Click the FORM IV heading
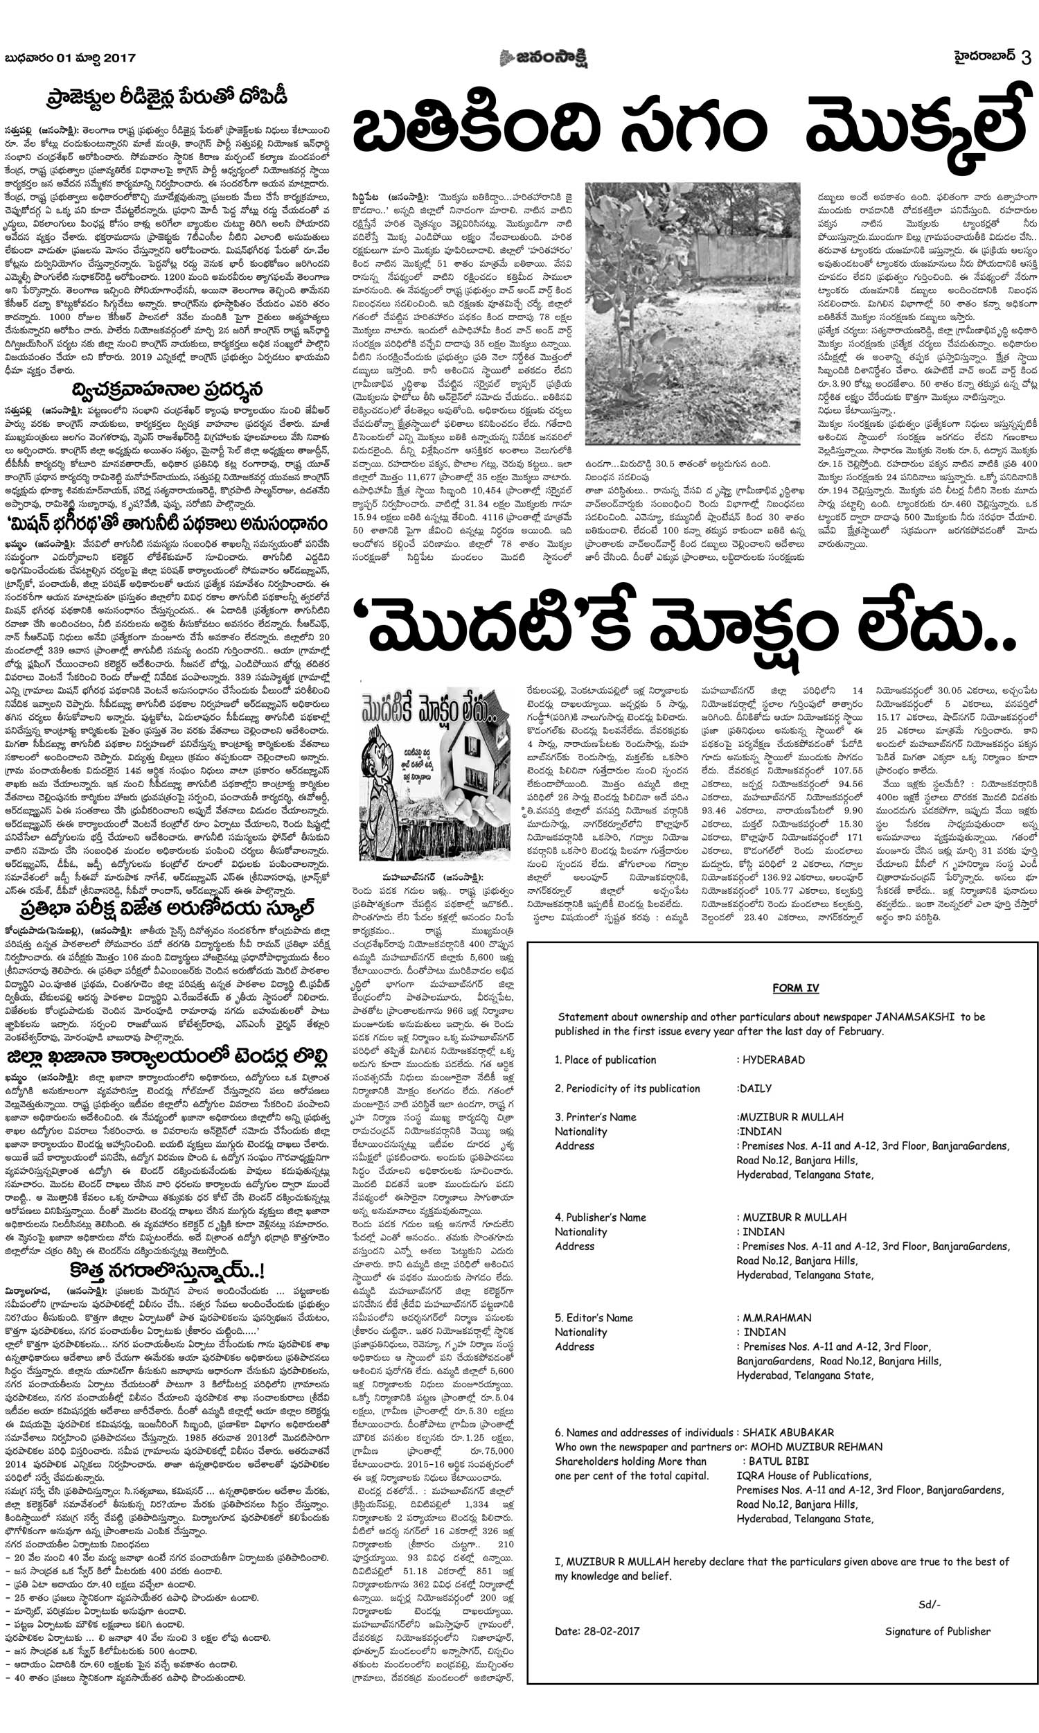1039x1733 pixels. coord(795,988)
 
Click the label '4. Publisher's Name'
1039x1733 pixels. coord(600,1217)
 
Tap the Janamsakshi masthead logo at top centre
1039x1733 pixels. coord(543,58)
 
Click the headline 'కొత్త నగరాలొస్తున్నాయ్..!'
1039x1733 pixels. coord(167,1270)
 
